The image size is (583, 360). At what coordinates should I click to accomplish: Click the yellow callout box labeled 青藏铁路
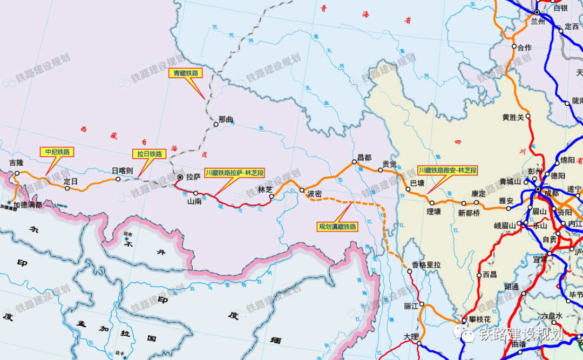pyautogui.click(x=185, y=73)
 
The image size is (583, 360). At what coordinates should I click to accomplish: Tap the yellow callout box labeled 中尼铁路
pyautogui.click(x=58, y=152)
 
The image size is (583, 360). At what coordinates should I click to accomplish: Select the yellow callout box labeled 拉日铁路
pyautogui.click(x=149, y=154)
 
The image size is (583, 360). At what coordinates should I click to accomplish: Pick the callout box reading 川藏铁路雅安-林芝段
pyautogui.click(x=448, y=170)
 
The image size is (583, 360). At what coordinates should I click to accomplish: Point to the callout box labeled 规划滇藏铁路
pyautogui.click(x=338, y=227)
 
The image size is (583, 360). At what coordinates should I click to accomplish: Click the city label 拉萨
pyautogui.click(x=193, y=176)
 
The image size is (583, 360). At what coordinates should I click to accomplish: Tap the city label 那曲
pyautogui.click(x=226, y=120)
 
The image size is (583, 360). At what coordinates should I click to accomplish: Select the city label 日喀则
pyautogui.click(x=122, y=171)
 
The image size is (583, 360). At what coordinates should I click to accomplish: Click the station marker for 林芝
pyautogui.click(x=272, y=197)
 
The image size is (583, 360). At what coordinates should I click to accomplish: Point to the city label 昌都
pyautogui.click(x=365, y=158)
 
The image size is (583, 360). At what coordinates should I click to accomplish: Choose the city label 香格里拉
pyautogui.click(x=426, y=264)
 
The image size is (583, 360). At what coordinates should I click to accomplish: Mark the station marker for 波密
pyautogui.click(x=302, y=189)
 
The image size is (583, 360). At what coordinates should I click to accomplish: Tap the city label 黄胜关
pyautogui.click(x=513, y=117)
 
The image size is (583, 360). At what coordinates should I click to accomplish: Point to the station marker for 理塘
pyautogui.click(x=430, y=203)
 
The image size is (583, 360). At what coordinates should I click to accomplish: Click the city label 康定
pyautogui.click(x=479, y=193)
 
